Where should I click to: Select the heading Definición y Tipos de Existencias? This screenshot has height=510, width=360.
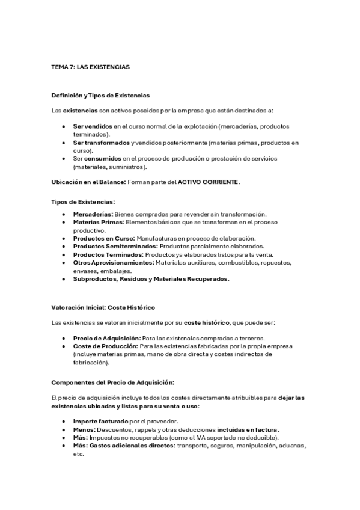[101, 96]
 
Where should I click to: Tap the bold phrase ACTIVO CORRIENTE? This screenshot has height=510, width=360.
[208, 182]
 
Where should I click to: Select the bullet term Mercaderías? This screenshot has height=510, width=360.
[93, 215]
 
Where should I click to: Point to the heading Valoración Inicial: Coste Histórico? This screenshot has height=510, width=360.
[103, 307]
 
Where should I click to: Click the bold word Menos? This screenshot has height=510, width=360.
[84, 430]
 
